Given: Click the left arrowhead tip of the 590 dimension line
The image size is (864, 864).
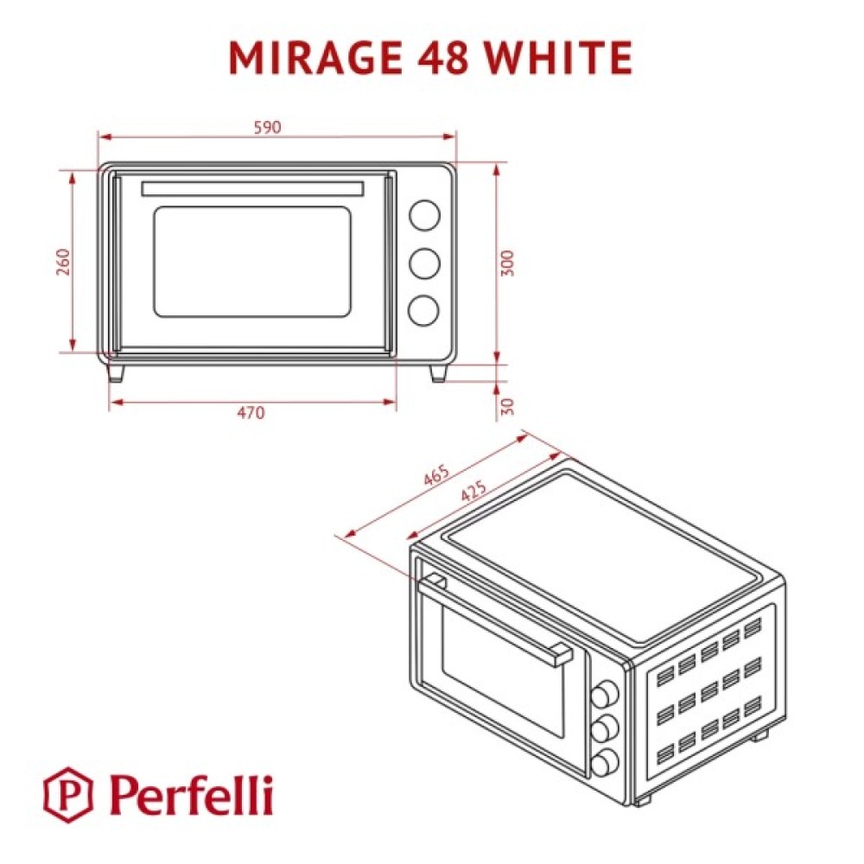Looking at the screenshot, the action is tap(98, 137).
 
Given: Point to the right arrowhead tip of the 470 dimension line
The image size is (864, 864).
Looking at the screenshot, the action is tap(397, 402).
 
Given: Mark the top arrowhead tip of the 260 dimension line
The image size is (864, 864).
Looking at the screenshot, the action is tap(73, 171).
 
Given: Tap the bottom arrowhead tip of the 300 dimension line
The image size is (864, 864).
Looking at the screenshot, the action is tap(497, 364).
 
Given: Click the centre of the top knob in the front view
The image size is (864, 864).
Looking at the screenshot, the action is tap(424, 215).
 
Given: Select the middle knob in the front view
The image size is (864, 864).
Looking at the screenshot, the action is tap(424, 263).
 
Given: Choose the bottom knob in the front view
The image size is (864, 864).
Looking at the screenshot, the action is tap(423, 310).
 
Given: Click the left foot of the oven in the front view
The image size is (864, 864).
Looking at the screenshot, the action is tap(117, 373).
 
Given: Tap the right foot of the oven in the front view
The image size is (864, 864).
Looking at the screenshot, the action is tap(438, 373).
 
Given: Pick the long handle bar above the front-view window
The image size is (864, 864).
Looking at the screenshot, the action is tap(252, 188).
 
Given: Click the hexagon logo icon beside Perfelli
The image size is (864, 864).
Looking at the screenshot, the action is tap(68, 795).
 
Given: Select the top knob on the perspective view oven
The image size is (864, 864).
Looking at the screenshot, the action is tap(605, 693).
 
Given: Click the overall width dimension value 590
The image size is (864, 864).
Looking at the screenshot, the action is tap(267, 127).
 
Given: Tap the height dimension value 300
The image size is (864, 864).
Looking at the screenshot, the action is tap(507, 264).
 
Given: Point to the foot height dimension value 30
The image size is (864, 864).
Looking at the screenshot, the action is tap(508, 407).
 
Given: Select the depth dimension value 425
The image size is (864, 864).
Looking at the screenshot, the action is tap(473, 491).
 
